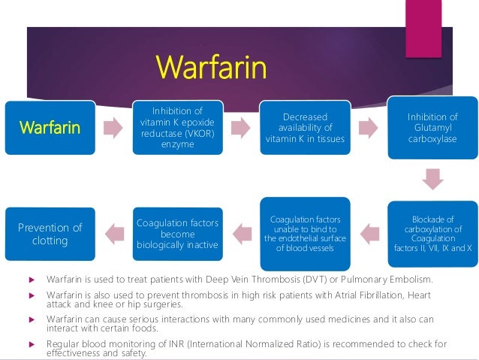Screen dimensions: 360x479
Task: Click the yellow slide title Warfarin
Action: pos(211,68)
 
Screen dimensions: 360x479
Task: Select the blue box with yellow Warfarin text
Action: pos(50,127)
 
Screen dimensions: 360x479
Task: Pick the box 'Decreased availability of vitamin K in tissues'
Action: pos(306,129)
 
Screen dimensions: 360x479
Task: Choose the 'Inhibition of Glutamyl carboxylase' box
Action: pos(432,127)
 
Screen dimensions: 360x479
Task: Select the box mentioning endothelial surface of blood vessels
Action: pos(304,234)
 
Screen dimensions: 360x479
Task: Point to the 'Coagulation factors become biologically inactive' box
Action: pos(177,233)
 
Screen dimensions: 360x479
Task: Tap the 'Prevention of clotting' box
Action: pos(50,234)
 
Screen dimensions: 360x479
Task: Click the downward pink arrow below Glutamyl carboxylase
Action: pos(432,179)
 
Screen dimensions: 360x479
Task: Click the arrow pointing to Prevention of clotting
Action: pos(114,233)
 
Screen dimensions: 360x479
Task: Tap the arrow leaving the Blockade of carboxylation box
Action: pos(369,233)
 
